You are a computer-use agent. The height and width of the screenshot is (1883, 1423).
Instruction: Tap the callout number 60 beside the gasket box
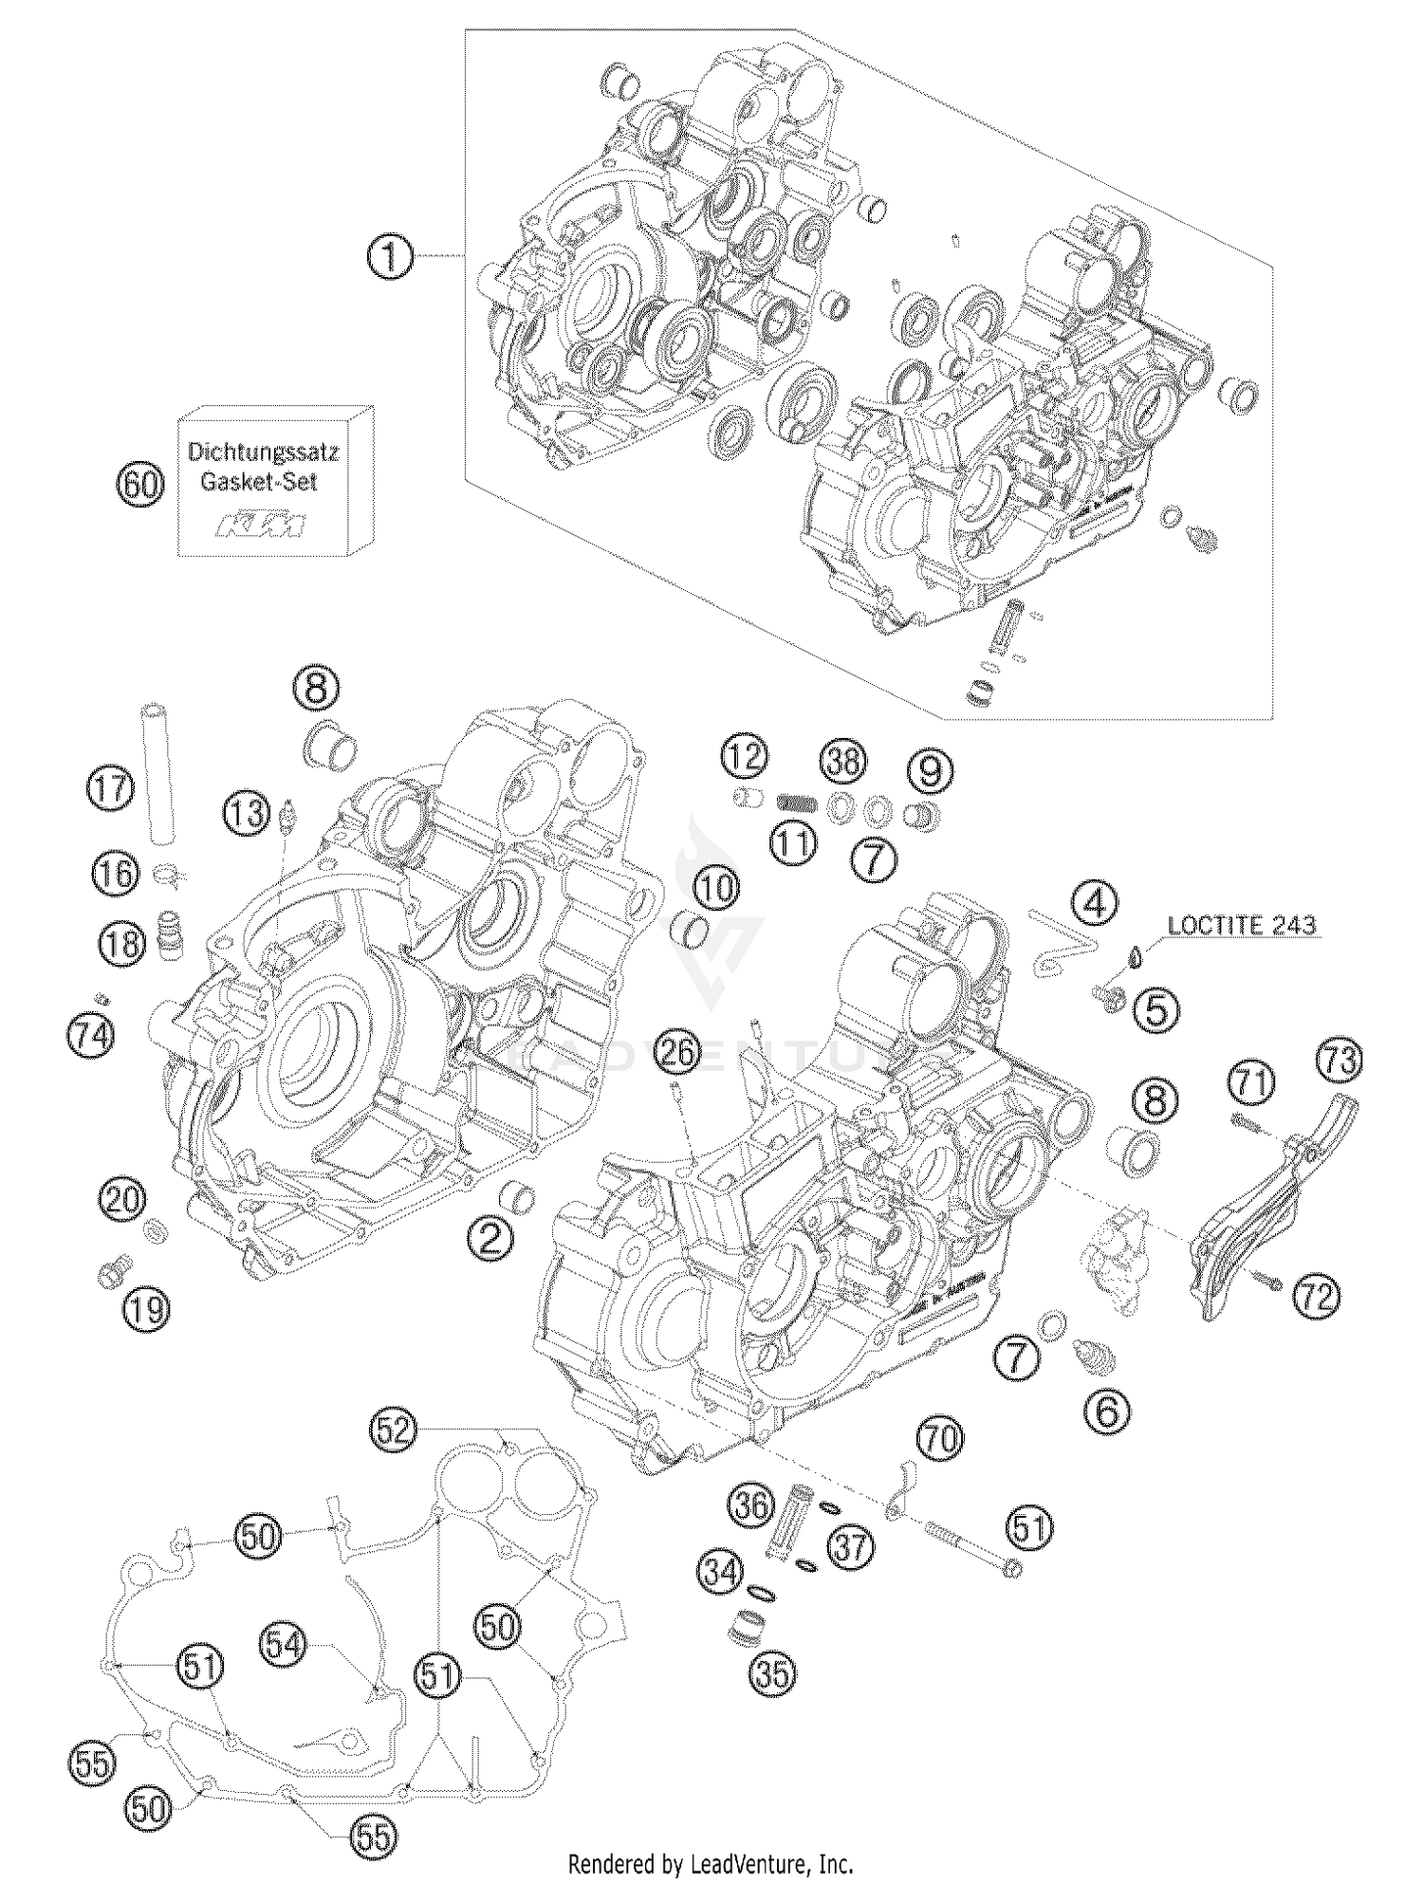pyautogui.click(x=139, y=485)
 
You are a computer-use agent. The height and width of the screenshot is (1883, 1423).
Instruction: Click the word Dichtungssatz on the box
pyautogui.click(x=262, y=452)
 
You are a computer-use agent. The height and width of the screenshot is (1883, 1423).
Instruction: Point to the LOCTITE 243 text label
pyautogui.click(x=1242, y=926)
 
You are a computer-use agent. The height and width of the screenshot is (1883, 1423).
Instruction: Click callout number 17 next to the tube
pyautogui.click(x=111, y=788)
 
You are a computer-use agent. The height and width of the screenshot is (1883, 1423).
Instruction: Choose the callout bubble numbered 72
pyautogui.click(x=1317, y=1295)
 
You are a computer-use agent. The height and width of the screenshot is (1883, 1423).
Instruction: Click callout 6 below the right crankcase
pyautogui.click(x=1107, y=1412)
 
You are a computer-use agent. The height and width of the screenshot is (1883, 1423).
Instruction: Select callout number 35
pyautogui.click(x=771, y=1673)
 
